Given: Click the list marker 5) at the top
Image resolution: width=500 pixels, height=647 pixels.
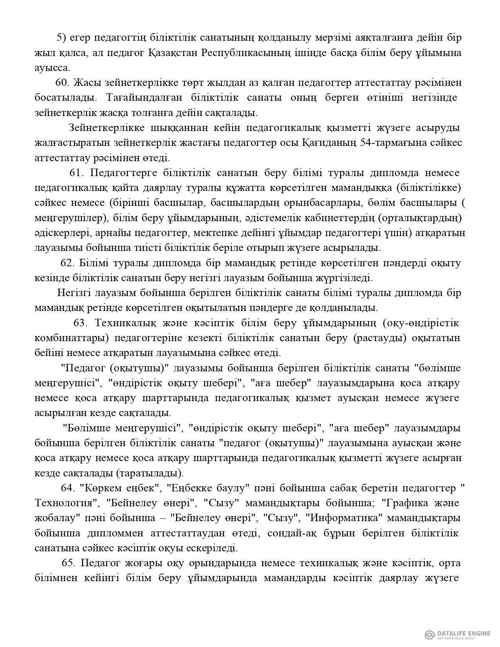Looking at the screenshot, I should point(62,38).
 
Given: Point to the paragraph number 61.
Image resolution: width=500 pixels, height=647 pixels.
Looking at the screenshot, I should point(77,173).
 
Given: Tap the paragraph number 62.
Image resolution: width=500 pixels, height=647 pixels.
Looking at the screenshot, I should point(67,262).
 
